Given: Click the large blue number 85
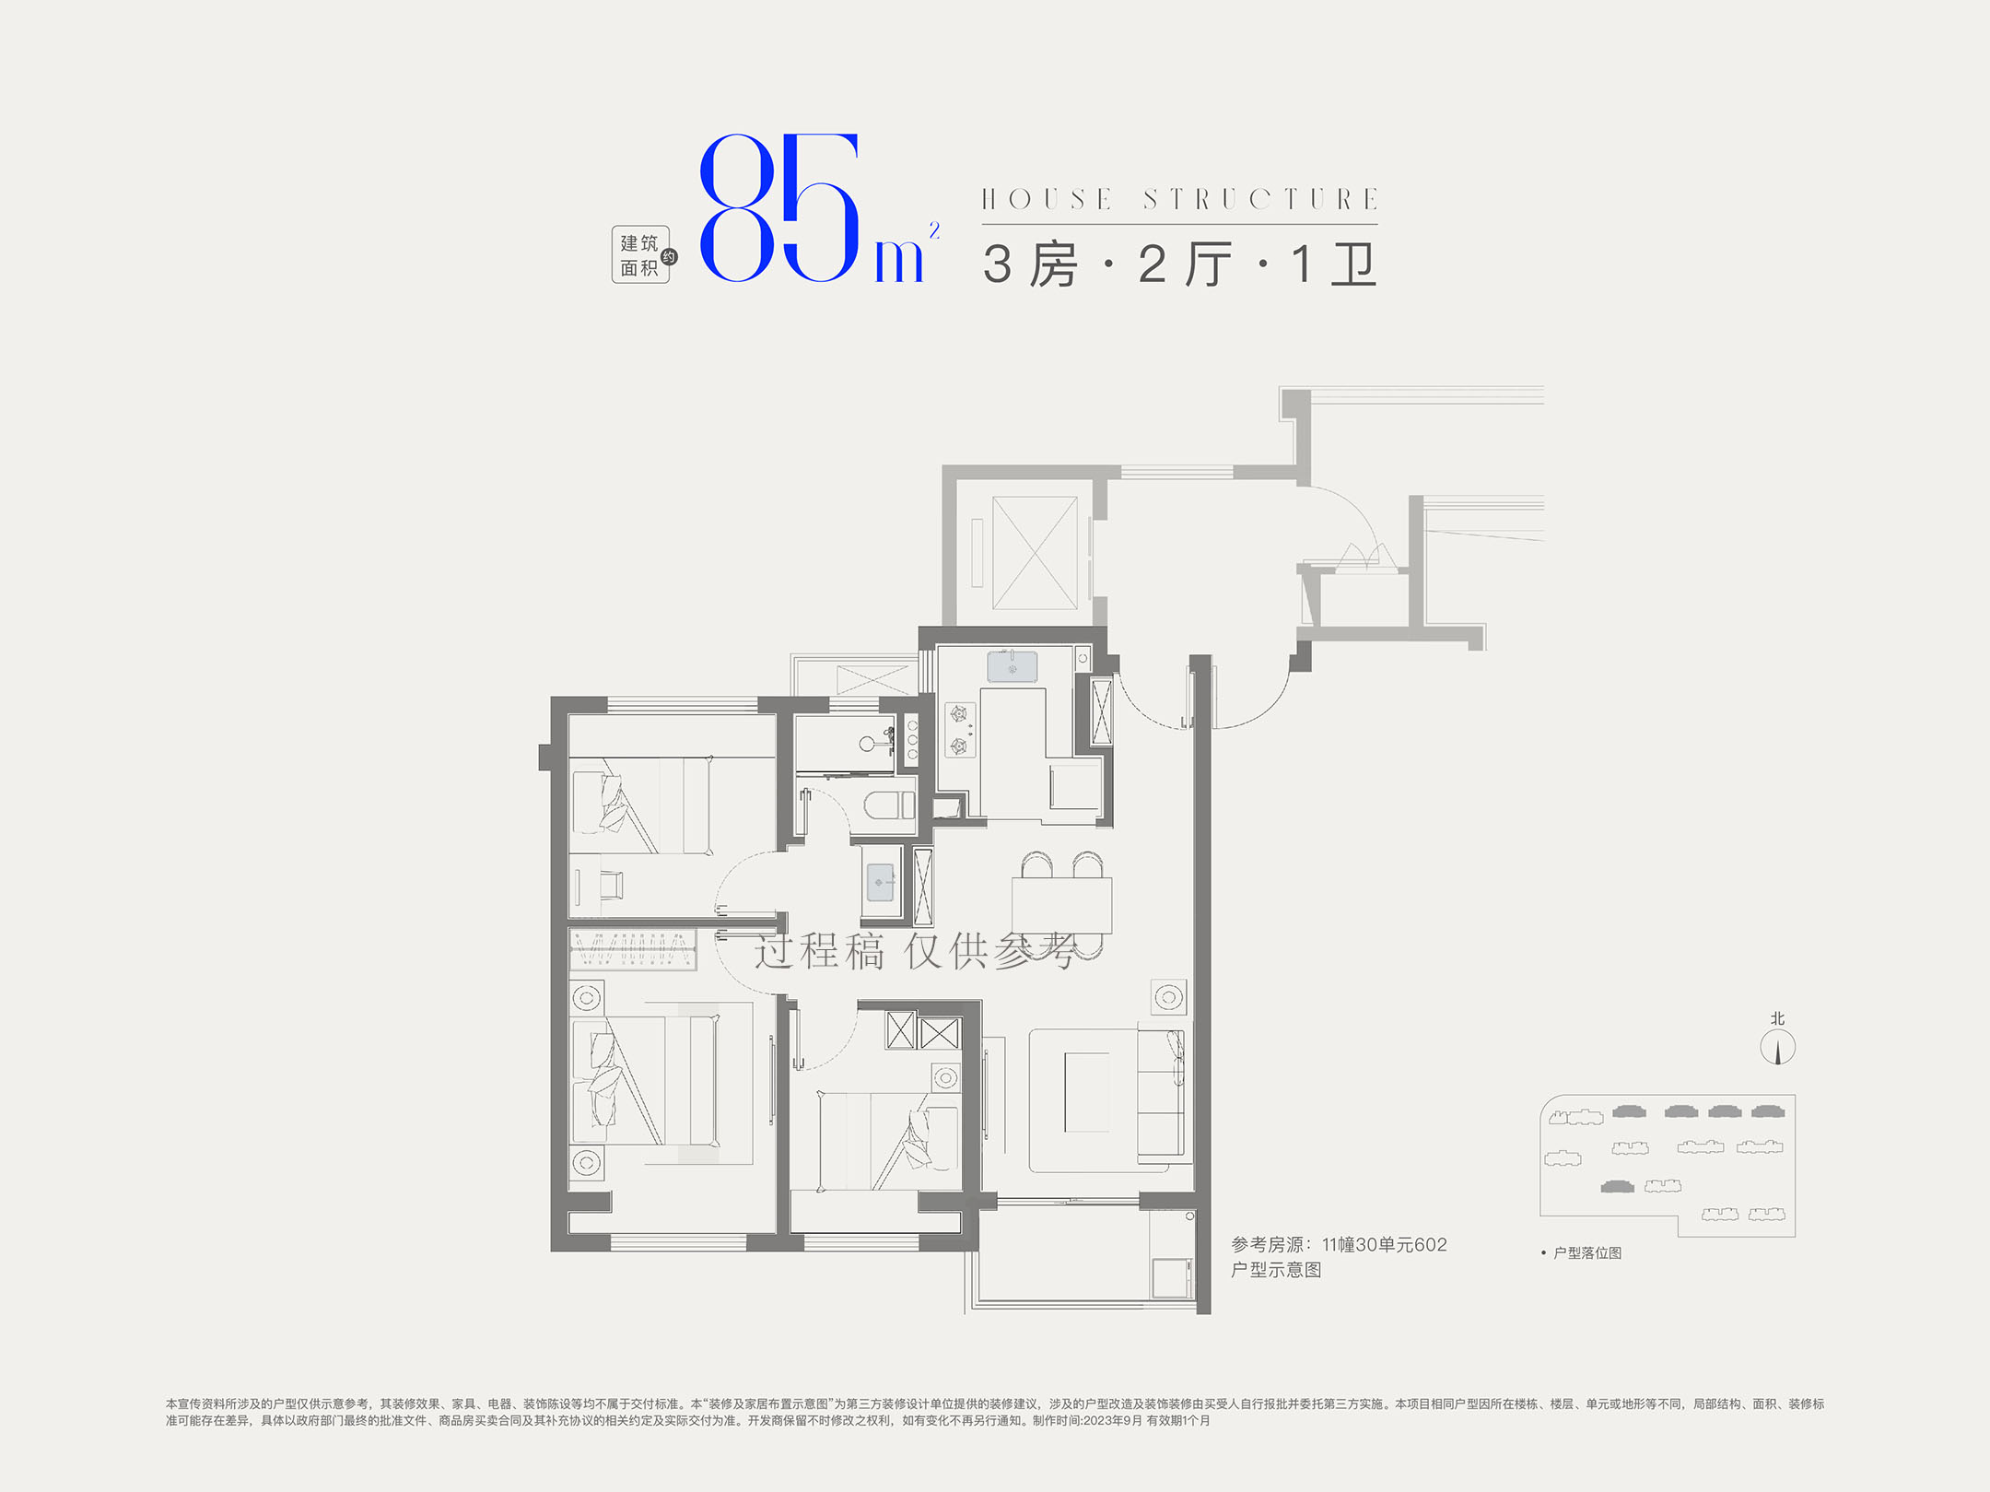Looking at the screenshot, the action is pyautogui.click(x=779, y=208).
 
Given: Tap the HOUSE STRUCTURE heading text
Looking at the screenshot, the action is pyautogui.click(x=1179, y=199).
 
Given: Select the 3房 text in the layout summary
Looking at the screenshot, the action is pyautogui.click(x=1030, y=264).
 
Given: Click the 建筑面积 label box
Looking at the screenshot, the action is pyautogui.click(x=640, y=254).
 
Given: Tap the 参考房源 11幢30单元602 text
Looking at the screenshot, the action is pyautogui.click(x=1339, y=1244).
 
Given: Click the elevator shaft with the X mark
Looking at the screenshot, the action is pyautogui.click(x=1035, y=553).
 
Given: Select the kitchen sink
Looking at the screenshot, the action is pyautogui.click(x=1012, y=666).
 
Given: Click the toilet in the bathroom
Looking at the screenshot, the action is pyautogui.click(x=889, y=805).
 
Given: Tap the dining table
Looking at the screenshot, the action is pyautogui.click(x=1061, y=906).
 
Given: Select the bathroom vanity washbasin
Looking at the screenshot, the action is pyautogui.click(x=881, y=882).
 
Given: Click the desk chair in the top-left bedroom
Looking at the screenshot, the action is pyautogui.click(x=611, y=885).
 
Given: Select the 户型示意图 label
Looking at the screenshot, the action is pyautogui.click(x=1276, y=1270).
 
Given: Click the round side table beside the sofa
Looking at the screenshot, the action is pyautogui.click(x=1169, y=996).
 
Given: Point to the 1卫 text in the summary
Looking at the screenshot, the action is pyautogui.click(x=1333, y=264).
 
